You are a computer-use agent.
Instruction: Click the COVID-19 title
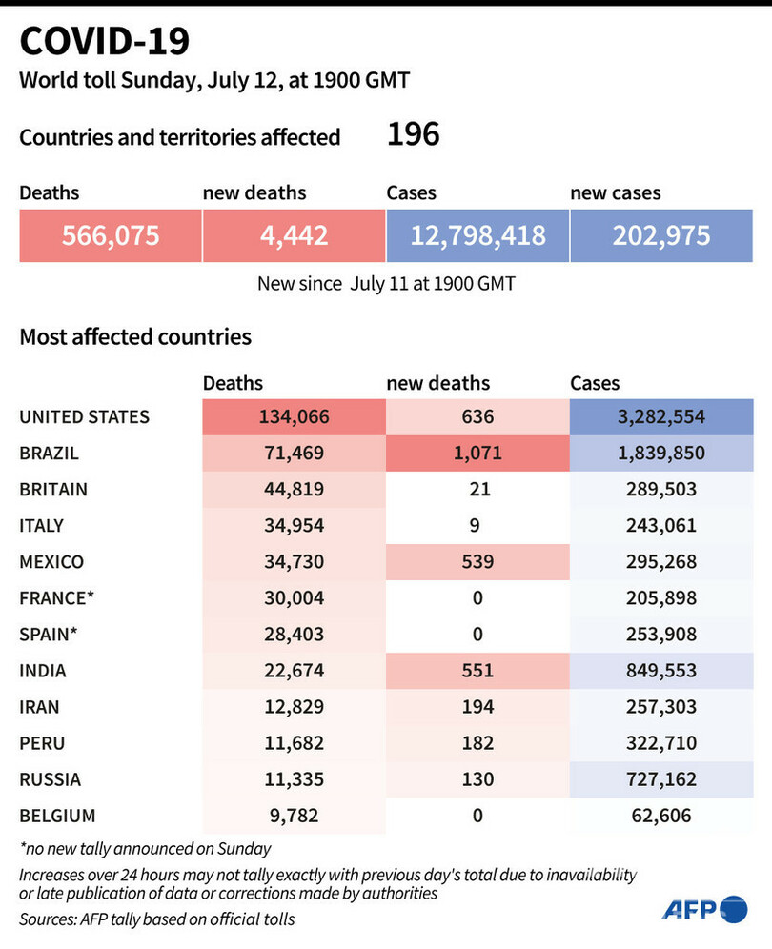coord(105,41)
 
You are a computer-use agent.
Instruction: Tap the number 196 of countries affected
coord(413,134)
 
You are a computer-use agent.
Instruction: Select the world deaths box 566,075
coord(111,235)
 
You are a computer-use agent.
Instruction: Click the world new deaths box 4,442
coord(294,235)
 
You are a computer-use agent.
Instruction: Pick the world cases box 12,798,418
coord(477,235)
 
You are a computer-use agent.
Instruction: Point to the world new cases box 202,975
coord(661,235)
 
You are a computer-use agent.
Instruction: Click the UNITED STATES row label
coord(85,416)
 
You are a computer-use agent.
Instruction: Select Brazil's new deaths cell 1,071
coord(477,453)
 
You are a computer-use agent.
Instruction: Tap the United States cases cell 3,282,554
coord(661,416)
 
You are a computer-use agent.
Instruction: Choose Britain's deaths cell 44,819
coord(294,489)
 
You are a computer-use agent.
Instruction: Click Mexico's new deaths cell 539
coord(477,561)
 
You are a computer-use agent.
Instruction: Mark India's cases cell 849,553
coord(661,670)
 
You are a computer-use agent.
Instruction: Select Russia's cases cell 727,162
coord(661,778)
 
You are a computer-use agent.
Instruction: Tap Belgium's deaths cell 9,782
coord(294,815)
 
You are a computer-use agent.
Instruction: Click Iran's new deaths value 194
coord(477,706)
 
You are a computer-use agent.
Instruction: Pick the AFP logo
coord(706,909)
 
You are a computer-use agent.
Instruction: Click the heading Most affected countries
coord(135,336)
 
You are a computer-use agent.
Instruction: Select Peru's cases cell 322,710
coord(661,742)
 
